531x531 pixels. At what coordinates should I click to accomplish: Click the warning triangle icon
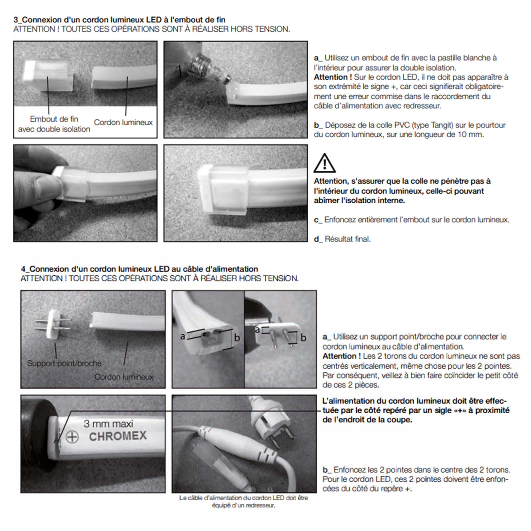point(324,164)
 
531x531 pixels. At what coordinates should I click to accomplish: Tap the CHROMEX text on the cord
point(118,436)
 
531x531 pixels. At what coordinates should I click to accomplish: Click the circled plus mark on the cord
point(72,437)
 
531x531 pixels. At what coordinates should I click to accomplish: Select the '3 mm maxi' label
point(108,423)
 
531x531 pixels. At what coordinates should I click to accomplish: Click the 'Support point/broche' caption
point(64,363)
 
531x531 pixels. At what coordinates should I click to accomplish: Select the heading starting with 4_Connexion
point(139,269)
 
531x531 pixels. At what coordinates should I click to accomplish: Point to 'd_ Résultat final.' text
point(342,239)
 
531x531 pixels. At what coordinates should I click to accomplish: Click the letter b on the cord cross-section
point(237,338)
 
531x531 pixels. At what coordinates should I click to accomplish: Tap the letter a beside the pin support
point(257,329)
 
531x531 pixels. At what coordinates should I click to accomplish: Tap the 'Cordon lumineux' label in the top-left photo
point(123,122)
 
